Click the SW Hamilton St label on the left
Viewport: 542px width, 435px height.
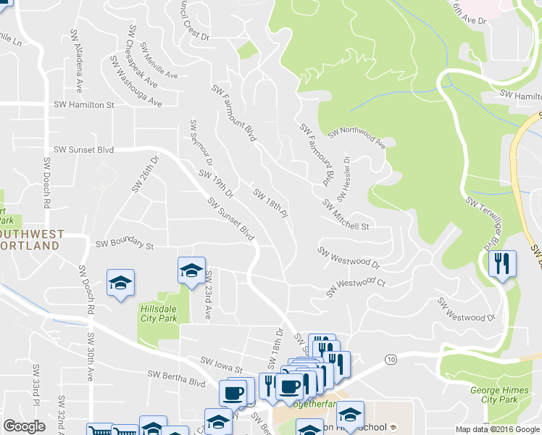click(x=84, y=105)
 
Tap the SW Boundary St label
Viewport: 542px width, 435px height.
click(x=125, y=246)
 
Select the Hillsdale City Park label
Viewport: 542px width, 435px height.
click(x=157, y=313)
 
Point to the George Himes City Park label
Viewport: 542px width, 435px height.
click(x=499, y=395)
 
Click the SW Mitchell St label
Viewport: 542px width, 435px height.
click(x=346, y=215)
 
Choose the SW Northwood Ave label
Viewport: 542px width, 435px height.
click(x=357, y=133)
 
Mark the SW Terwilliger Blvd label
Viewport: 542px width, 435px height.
click(x=485, y=218)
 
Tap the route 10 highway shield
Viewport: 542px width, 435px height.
click(x=391, y=360)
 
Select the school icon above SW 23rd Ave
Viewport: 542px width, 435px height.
click(x=192, y=271)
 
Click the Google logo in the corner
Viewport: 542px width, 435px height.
click(x=24, y=426)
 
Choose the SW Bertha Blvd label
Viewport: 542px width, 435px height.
click(x=176, y=376)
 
